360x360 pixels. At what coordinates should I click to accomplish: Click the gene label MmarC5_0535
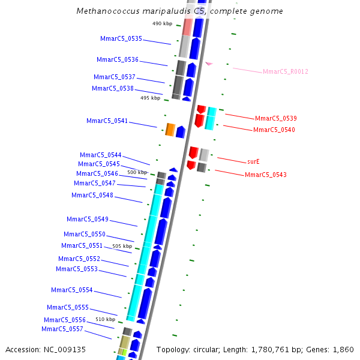coord(121,38)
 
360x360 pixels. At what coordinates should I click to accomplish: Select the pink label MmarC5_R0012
coord(285,72)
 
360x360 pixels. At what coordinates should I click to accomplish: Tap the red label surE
coord(253,162)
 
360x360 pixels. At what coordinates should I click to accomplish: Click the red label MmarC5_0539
coord(275,119)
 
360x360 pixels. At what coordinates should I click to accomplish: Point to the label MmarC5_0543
coord(265,175)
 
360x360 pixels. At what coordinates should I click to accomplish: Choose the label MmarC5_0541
coord(107,121)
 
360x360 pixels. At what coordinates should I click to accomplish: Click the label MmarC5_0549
coord(87,220)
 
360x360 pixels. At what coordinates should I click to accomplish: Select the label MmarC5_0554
coord(71,290)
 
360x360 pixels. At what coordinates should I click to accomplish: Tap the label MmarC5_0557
coord(62,329)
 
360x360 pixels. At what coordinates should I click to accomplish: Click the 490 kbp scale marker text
coord(162,23)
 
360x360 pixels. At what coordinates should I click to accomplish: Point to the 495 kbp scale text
coord(150,98)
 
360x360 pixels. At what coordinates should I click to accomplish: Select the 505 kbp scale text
coord(122,246)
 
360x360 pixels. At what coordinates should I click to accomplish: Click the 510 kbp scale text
coord(105,319)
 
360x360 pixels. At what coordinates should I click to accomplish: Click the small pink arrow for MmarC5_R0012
coord(209,63)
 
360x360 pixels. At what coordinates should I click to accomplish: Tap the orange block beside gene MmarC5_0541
coord(170,130)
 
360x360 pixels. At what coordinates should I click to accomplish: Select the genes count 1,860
coord(343,349)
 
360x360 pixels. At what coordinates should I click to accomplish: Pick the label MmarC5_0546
coord(97,174)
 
